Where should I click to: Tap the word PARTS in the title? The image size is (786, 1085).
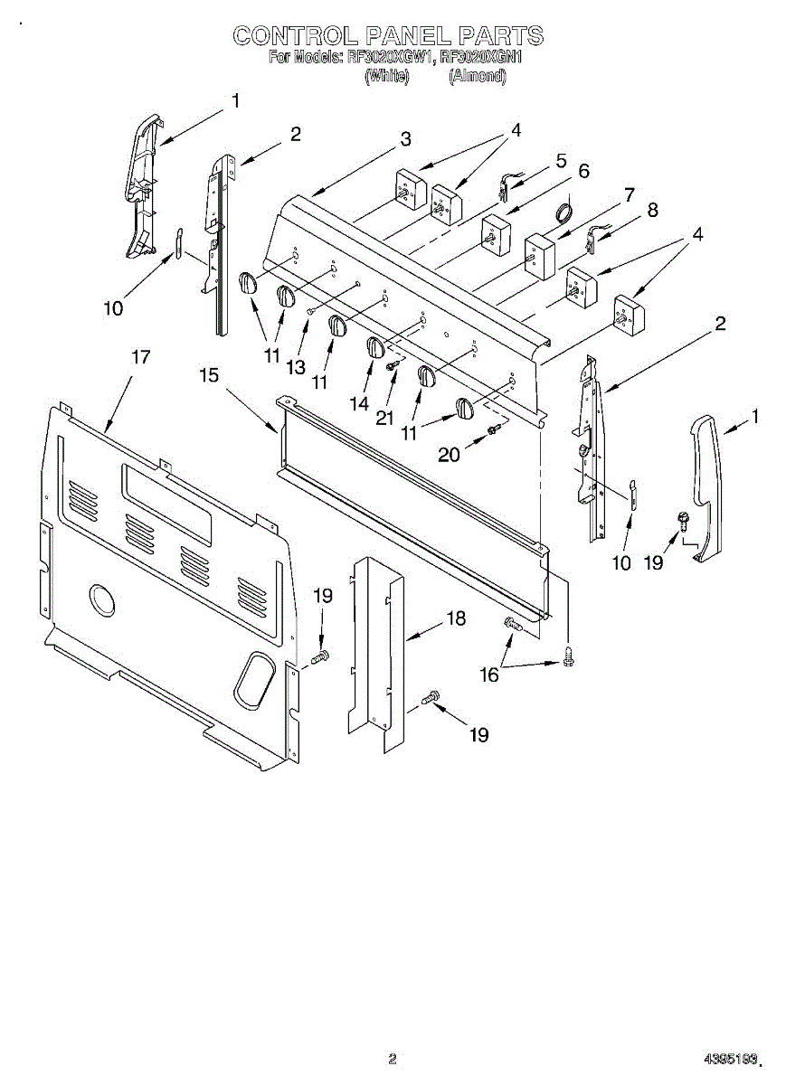click(x=500, y=35)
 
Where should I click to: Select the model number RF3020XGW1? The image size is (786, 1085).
click(x=391, y=58)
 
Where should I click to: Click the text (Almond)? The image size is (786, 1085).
click(x=478, y=77)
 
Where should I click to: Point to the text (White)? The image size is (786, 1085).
click(x=387, y=77)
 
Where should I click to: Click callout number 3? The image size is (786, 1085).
click(x=406, y=139)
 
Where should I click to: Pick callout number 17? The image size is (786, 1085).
click(x=140, y=357)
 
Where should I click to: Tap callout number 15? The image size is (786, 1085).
click(x=210, y=374)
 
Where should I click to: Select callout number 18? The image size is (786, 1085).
click(x=456, y=618)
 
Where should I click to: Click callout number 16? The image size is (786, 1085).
click(x=488, y=675)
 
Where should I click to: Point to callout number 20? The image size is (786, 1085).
click(x=450, y=455)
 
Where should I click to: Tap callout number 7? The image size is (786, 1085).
click(x=629, y=193)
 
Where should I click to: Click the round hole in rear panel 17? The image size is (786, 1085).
click(x=102, y=600)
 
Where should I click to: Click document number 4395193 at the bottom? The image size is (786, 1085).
click(x=733, y=1058)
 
